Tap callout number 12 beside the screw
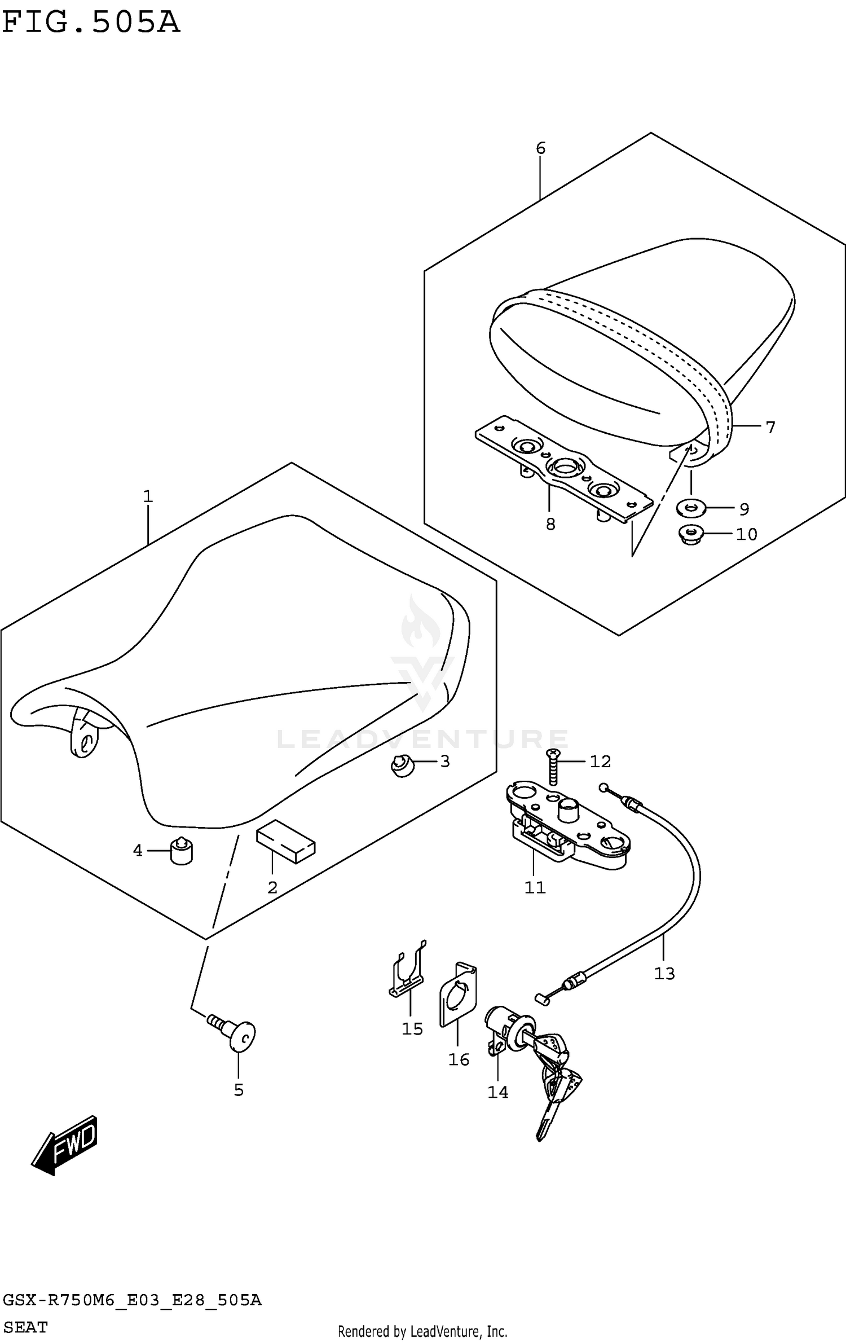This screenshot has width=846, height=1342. [600, 762]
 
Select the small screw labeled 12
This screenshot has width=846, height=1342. [553, 767]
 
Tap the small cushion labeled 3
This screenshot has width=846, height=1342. [401, 766]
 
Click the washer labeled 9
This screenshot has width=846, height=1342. [690, 508]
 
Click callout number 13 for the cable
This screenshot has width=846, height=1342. [664, 973]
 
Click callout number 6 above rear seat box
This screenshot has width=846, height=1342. [540, 148]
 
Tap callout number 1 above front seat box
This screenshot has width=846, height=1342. [148, 496]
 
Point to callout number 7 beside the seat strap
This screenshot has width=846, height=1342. [770, 427]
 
